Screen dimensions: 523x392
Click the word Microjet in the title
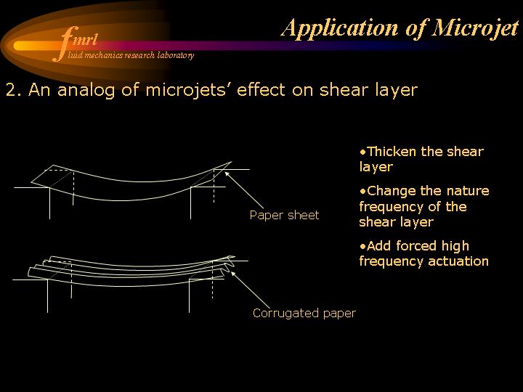point(475,28)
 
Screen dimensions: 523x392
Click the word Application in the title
point(340,28)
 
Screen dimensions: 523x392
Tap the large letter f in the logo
point(65,44)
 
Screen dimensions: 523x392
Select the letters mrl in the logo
point(86,40)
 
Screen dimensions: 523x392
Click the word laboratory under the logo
point(176,55)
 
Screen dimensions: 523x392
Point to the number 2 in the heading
point(12,90)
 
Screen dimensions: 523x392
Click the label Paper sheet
point(284,216)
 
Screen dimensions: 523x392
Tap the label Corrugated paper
point(304,314)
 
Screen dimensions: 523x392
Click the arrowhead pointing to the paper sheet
point(227,174)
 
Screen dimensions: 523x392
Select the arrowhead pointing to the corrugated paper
point(234,274)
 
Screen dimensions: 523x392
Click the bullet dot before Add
point(363,247)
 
